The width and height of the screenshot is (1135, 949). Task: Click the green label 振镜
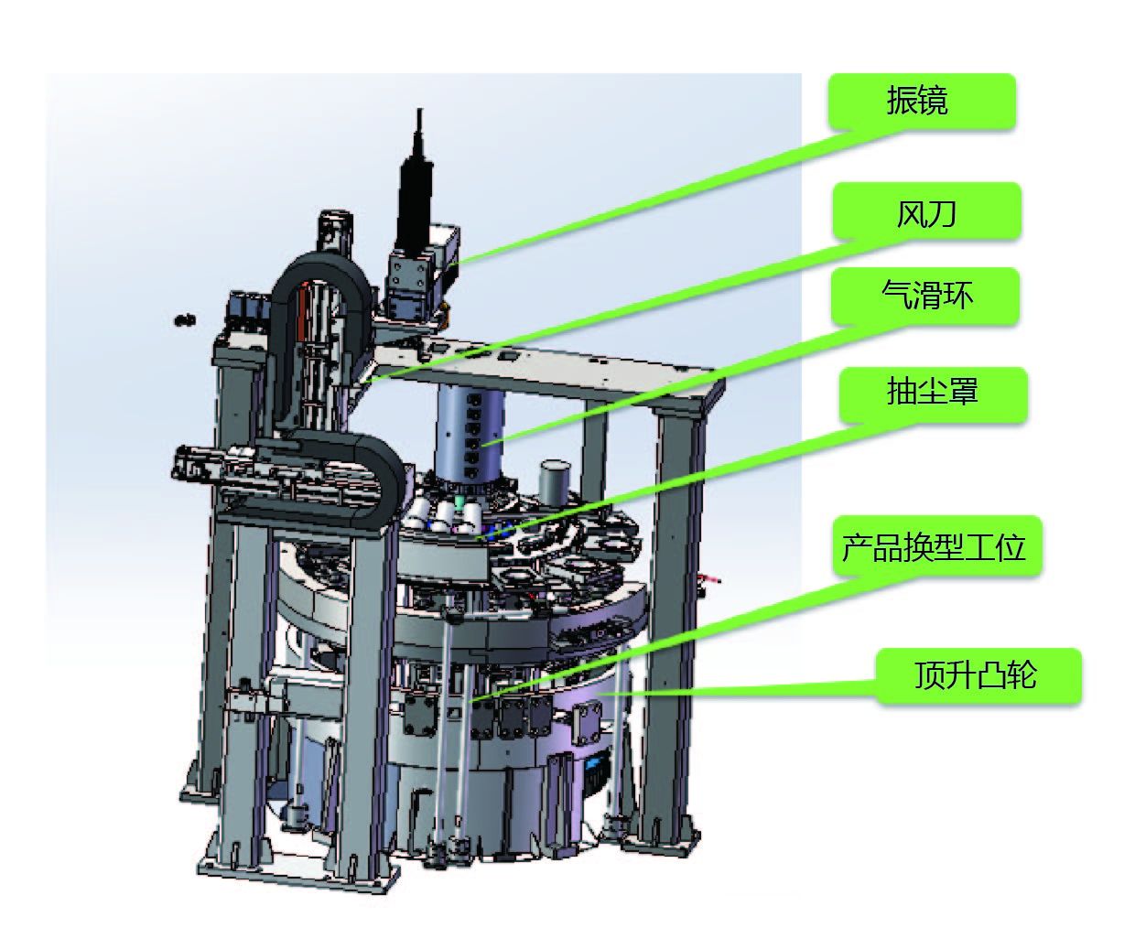[922, 102]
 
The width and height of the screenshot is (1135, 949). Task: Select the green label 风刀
[927, 210]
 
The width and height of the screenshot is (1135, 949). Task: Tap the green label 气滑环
[925, 297]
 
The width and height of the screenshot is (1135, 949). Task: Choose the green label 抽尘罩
[934, 395]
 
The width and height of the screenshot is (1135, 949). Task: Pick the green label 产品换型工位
[937, 546]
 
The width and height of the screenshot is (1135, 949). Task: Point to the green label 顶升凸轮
[978, 676]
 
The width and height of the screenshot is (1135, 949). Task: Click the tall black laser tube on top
[416, 185]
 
